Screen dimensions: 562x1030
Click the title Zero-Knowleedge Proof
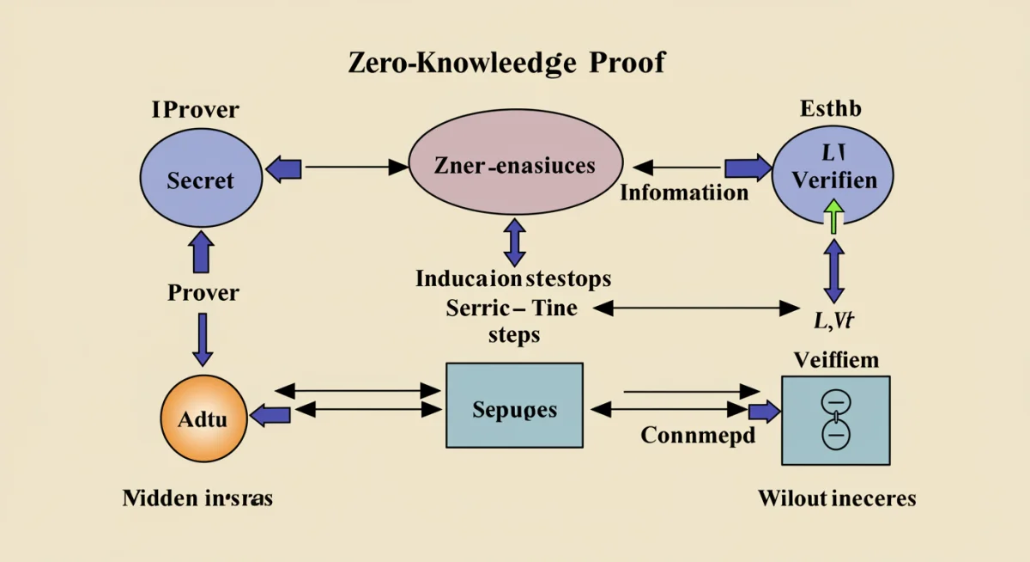click(x=506, y=63)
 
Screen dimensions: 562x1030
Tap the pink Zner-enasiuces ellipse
click(x=514, y=166)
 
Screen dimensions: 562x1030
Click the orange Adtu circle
click(x=203, y=420)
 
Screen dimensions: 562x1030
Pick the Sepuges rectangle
click(x=514, y=406)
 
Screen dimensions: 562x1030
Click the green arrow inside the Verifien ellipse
click(x=833, y=214)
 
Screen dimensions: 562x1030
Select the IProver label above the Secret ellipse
click(x=195, y=110)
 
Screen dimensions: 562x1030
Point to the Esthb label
click(x=830, y=109)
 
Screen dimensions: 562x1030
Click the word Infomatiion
click(x=684, y=192)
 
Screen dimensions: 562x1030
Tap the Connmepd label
click(x=698, y=435)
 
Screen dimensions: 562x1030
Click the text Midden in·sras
click(x=197, y=498)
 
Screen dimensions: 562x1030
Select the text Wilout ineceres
click(x=837, y=498)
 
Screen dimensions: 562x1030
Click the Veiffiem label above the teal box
click(x=836, y=359)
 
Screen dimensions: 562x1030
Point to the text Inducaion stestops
click(x=513, y=279)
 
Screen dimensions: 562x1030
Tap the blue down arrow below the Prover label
click(x=203, y=339)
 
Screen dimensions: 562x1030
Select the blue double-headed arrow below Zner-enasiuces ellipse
click(x=514, y=241)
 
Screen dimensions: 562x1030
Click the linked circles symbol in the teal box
click(x=834, y=418)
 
